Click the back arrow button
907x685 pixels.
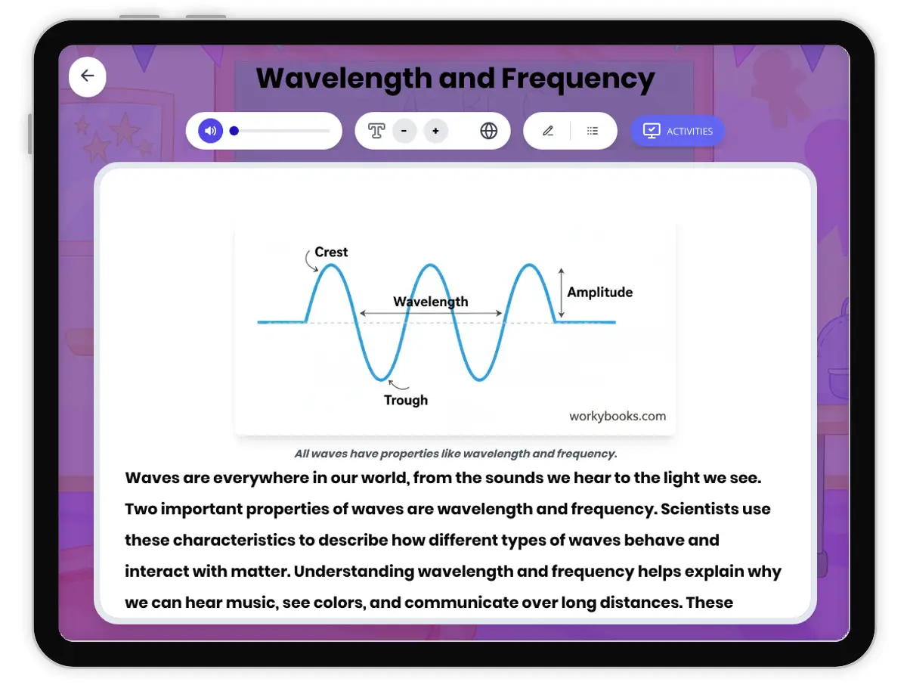pyautogui.click(x=88, y=76)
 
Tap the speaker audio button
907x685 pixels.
pyautogui.click(x=211, y=131)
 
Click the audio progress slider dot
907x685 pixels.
pyautogui.click(x=234, y=131)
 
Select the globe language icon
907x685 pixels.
pyautogui.click(x=489, y=131)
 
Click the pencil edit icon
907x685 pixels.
pyautogui.click(x=548, y=131)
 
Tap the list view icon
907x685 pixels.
pyautogui.click(x=593, y=131)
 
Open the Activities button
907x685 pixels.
pyautogui.click(x=677, y=131)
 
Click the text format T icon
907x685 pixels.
pyautogui.click(x=376, y=131)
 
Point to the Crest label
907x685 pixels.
pyautogui.click(x=331, y=252)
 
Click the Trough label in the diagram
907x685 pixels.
pyautogui.click(x=406, y=400)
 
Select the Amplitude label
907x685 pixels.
pyautogui.click(x=600, y=292)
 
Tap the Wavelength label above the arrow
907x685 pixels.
pyautogui.click(x=431, y=302)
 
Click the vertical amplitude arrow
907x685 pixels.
pyautogui.click(x=561, y=293)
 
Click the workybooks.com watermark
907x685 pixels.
pyautogui.click(x=618, y=416)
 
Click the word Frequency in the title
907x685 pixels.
pyautogui.click(x=578, y=79)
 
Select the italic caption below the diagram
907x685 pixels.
pyautogui.click(x=456, y=454)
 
